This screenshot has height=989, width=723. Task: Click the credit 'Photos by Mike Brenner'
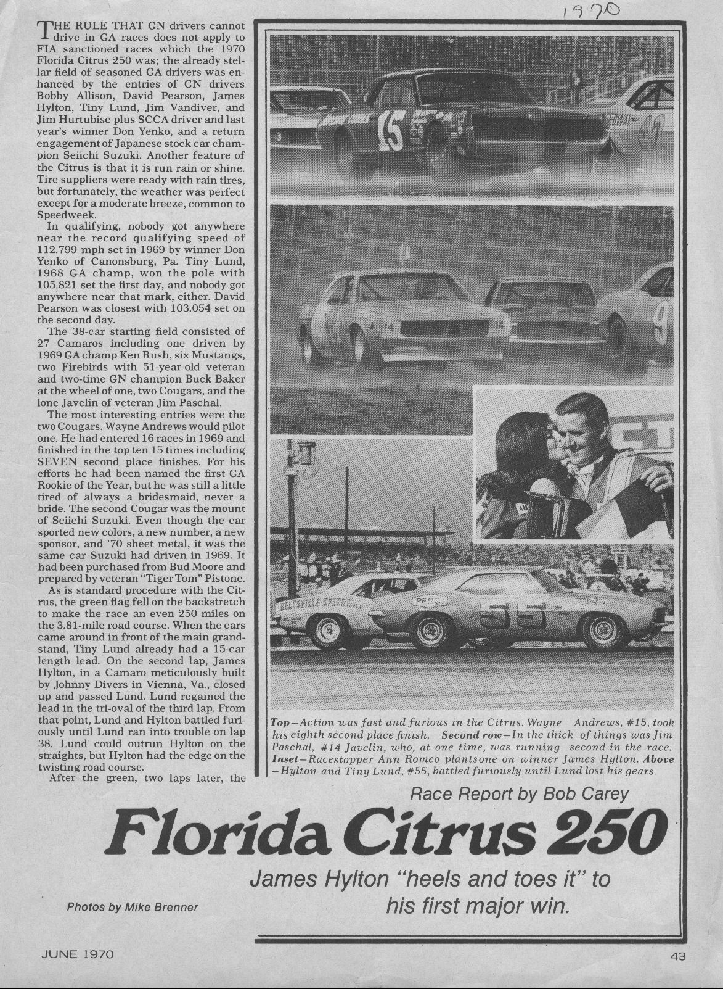[x=133, y=907]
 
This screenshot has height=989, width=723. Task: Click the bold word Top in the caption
[x=280, y=722]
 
